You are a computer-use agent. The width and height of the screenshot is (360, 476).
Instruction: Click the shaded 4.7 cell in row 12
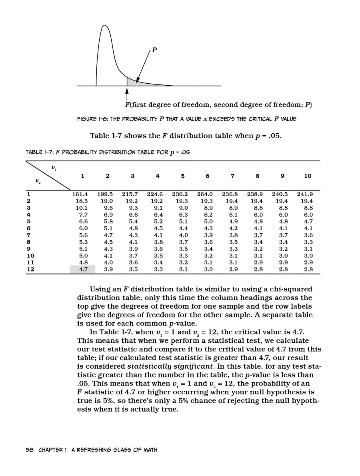[x=83, y=269]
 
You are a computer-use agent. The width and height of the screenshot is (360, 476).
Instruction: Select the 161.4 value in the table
[x=80, y=194]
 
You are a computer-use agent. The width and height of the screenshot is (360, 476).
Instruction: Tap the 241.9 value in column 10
[x=305, y=194]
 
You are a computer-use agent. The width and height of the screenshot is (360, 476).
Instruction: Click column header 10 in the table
[x=307, y=176]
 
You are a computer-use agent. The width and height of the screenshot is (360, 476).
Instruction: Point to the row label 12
[x=30, y=269]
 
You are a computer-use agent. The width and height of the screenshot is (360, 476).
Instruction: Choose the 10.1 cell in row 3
[x=82, y=208]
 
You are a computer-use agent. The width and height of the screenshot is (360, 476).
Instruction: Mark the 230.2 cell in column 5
[x=180, y=194]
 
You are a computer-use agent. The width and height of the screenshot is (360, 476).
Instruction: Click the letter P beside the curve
[x=154, y=50]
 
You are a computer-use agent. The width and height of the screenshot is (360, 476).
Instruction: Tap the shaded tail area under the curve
[x=134, y=82]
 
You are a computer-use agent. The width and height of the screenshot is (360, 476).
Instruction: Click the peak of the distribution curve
[x=105, y=26]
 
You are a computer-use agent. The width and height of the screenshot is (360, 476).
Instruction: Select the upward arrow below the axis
[x=127, y=94]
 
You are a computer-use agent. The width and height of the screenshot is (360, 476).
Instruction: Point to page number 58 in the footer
[x=29, y=450]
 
